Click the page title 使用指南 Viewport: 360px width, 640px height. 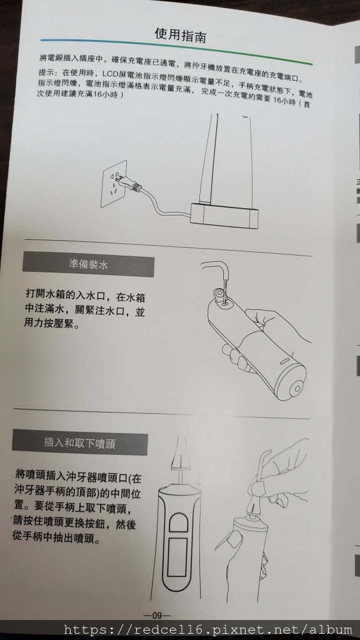click(181, 35)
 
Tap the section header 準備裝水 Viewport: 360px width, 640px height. click(88, 264)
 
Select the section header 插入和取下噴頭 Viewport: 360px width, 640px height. click(79, 443)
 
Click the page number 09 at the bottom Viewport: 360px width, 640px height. click(157, 616)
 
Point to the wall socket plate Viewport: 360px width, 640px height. click(114, 184)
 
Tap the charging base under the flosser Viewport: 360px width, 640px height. click(224, 216)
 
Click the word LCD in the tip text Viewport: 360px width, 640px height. click(110, 74)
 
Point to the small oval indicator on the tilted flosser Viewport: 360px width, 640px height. click(284, 361)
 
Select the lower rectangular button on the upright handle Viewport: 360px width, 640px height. click(177, 557)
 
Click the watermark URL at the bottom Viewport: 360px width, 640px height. click(208, 629)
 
